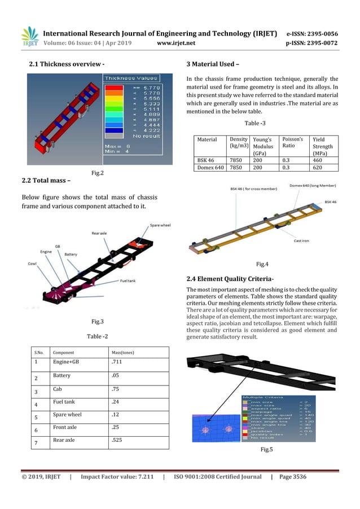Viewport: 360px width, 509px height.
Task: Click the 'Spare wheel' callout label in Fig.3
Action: pyautogui.click(x=161, y=226)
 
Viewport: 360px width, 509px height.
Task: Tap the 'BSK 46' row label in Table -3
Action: pyautogui.click(x=205, y=160)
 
